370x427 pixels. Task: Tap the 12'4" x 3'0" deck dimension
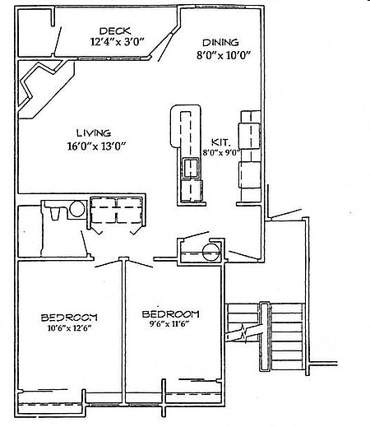[x=118, y=42]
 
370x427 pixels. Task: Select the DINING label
[x=220, y=43]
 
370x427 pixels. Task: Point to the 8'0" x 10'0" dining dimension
[x=224, y=55]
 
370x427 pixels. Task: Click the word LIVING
[x=94, y=133]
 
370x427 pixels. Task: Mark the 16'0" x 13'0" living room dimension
[x=96, y=146]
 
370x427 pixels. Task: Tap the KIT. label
[x=220, y=142]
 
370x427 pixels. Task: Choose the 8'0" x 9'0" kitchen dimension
[x=221, y=152]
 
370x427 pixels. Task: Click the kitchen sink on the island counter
[x=190, y=168]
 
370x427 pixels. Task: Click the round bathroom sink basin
[x=77, y=209]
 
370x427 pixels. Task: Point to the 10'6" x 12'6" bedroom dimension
[x=69, y=328]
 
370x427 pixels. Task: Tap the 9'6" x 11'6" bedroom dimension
[x=169, y=324]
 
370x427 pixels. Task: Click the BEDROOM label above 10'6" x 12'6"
[x=69, y=318]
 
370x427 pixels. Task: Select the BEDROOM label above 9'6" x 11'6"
[x=170, y=314]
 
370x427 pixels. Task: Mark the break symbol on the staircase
[x=243, y=332]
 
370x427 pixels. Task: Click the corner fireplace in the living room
[x=45, y=89]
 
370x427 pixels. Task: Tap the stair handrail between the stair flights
[x=265, y=336]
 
